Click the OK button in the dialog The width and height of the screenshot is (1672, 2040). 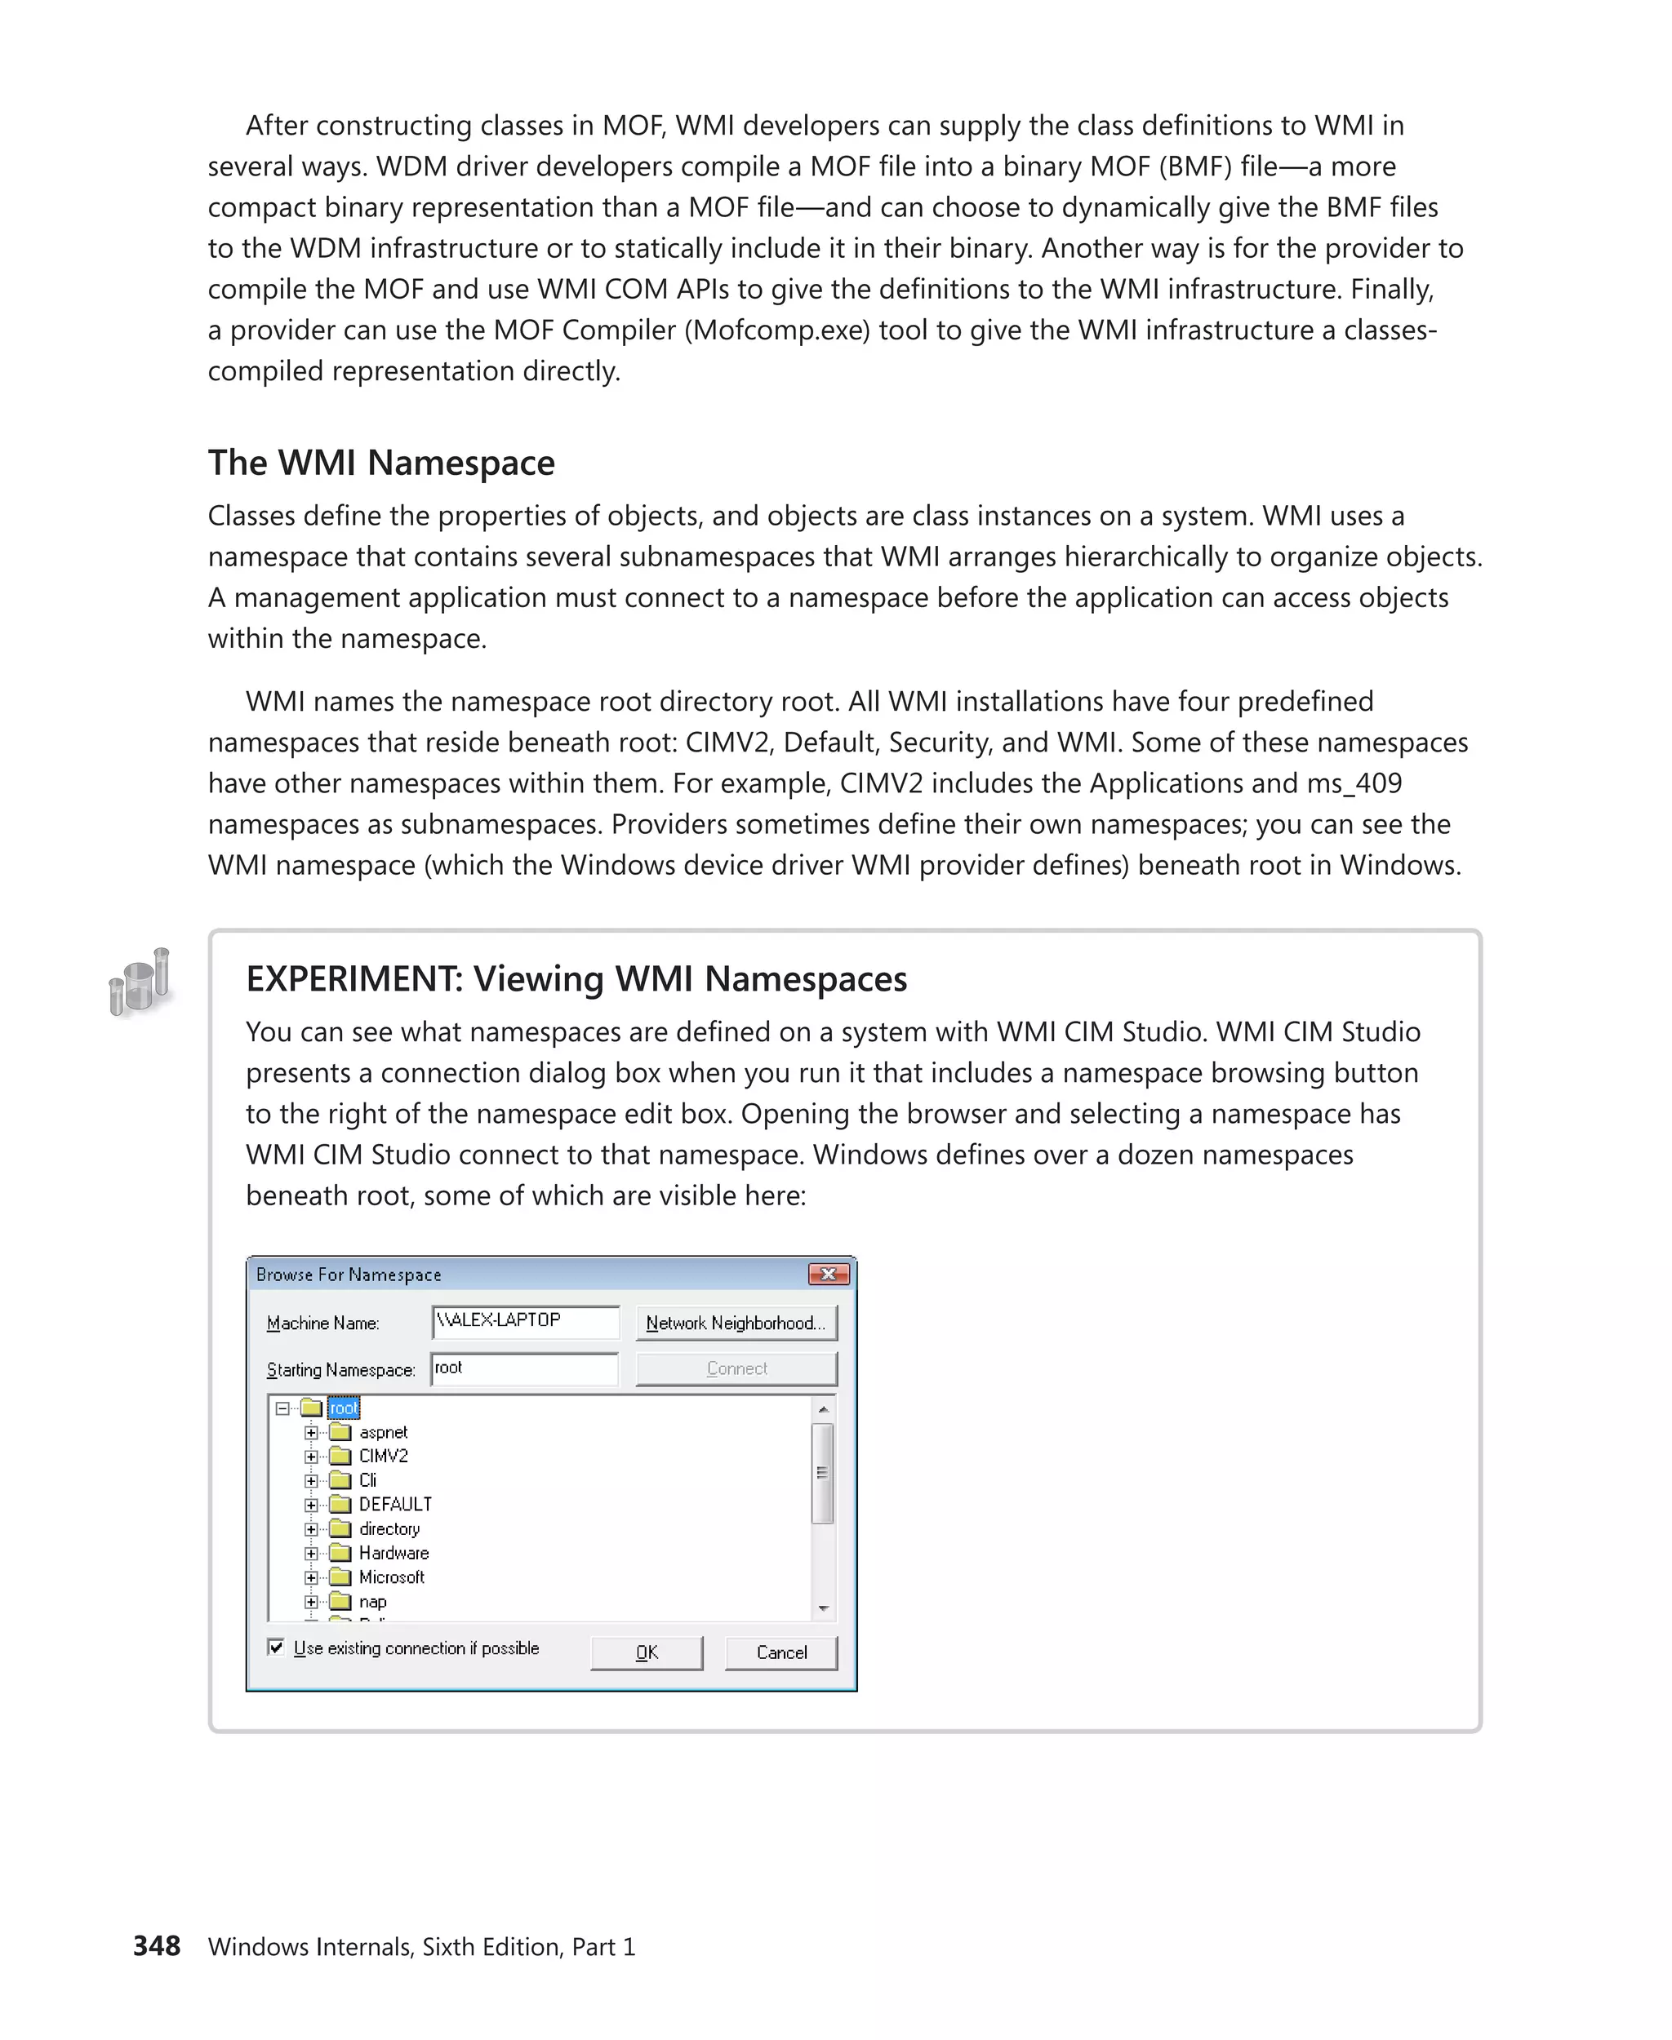647,1653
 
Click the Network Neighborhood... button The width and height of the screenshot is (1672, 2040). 736,1323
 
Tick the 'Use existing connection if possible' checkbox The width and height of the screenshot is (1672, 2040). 277,1648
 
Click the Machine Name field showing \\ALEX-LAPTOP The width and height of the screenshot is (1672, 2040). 525,1322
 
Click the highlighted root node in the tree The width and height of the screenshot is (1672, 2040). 344,1408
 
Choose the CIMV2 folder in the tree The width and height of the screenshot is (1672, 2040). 382,1456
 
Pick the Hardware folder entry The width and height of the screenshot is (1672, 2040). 393,1553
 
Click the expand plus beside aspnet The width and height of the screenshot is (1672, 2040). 311,1433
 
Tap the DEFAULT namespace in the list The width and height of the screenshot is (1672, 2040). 395,1504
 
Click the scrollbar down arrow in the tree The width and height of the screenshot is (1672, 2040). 824,1608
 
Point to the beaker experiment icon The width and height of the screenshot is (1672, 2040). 140,982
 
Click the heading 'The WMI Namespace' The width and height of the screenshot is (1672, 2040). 381,463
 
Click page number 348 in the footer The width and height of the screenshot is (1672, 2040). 157,1945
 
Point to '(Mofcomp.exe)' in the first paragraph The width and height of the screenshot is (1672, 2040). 777,330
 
